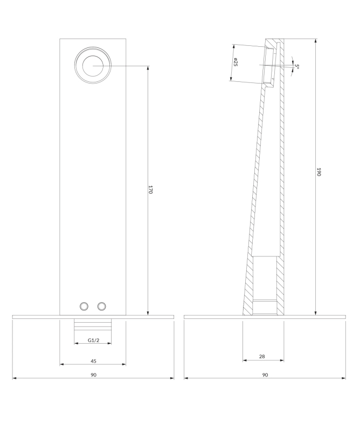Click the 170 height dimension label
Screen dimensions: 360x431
click(150, 190)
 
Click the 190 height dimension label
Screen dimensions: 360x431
click(319, 172)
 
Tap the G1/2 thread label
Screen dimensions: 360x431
click(94, 340)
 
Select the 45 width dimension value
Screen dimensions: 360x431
click(94, 361)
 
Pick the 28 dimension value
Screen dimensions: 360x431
click(262, 357)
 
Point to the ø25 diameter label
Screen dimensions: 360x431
click(236, 62)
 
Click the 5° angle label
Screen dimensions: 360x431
click(297, 66)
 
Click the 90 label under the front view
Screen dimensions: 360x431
click(94, 375)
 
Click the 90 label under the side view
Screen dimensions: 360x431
click(265, 375)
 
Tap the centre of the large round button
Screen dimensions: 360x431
click(93, 66)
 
